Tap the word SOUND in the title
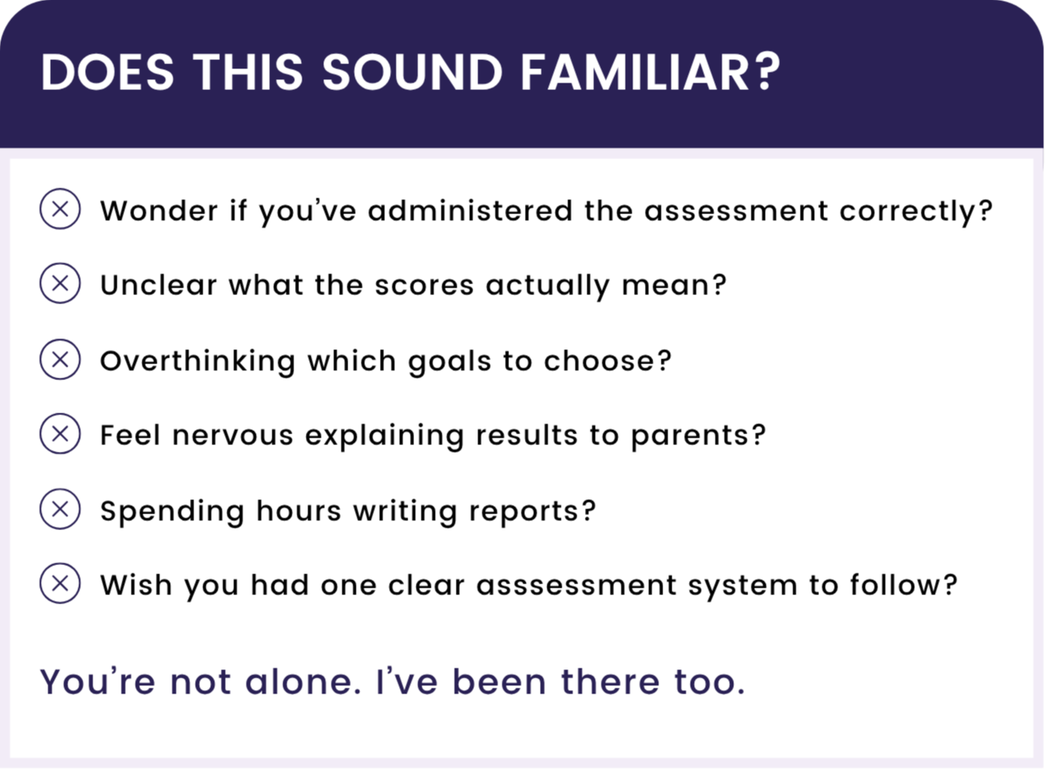click(x=412, y=73)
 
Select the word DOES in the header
click(x=107, y=73)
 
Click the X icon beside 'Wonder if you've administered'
click(x=60, y=209)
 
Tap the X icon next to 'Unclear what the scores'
click(x=60, y=283)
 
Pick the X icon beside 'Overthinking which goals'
click(x=60, y=359)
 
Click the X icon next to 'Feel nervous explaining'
click(x=60, y=433)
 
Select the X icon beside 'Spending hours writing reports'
click(x=60, y=509)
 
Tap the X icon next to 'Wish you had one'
click(x=60, y=583)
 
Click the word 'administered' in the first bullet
click(x=470, y=210)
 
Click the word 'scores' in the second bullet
click(x=424, y=286)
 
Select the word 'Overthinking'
click(x=198, y=362)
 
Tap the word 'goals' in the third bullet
click(x=450, y=362)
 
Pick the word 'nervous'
click(x=232, y=436)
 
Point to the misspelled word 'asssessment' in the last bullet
click(x=577, y=586)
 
